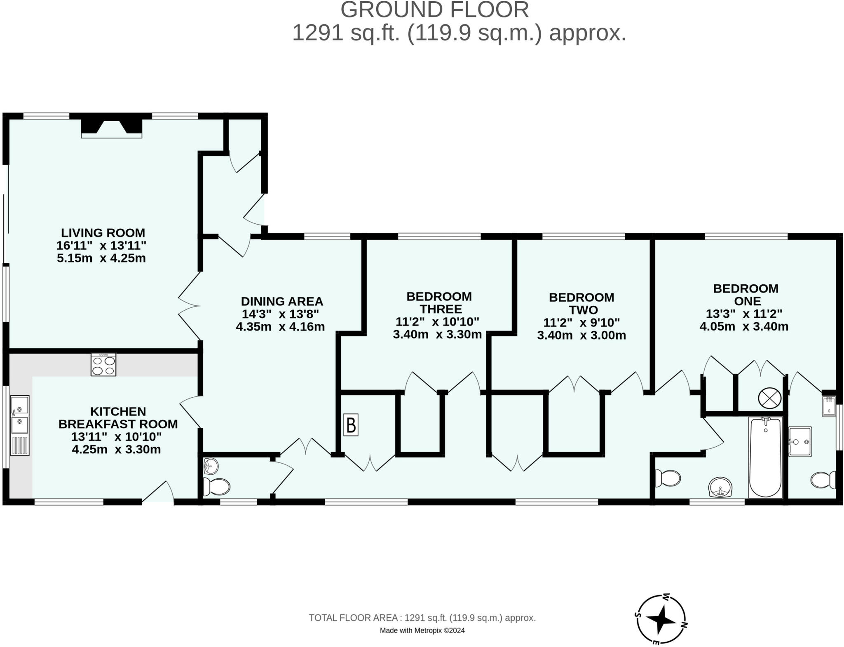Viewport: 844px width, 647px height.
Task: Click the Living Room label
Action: [103, 233]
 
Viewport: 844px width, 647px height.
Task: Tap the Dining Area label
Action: [282, 302]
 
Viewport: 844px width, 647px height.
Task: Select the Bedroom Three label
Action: [439, 303]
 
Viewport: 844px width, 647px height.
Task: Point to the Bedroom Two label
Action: [581, 304]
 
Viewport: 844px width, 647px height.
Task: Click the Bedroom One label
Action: [746, 295]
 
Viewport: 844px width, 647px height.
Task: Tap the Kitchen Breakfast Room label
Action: [118, 418]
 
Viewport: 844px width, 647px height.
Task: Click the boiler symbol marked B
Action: [351, 425]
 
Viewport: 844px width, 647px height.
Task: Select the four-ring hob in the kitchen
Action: [103, 365]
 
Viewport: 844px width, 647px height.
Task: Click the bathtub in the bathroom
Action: [766, 458]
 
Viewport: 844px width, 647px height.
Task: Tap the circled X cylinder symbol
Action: [770, 398]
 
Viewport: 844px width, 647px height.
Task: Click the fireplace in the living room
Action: [112, 128]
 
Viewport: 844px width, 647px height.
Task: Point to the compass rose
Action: [661, 619]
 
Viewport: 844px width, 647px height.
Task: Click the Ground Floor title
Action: [435, 9]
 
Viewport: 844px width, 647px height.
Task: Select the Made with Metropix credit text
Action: [422, 630]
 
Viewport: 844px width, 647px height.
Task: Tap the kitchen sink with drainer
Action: [20, 425]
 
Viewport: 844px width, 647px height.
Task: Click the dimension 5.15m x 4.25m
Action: [101, 258]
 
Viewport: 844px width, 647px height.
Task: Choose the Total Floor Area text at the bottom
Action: [422, 618]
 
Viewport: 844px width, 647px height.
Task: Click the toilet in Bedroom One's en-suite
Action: [823, 480]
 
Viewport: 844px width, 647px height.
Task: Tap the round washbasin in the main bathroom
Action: [721, 488]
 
